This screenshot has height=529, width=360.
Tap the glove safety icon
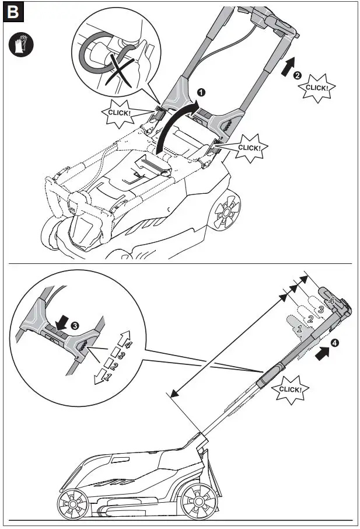(x=22, y=45)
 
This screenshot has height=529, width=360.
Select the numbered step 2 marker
(x=297, y=75)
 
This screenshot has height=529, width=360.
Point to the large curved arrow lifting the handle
(x=175, y=126)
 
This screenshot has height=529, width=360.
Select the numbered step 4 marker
(x=334, y=343)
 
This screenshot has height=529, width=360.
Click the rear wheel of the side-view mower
(x=195, y=500)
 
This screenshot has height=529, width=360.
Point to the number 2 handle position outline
(x=310, y=319)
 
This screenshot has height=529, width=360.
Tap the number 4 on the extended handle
(x=331, y=301)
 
